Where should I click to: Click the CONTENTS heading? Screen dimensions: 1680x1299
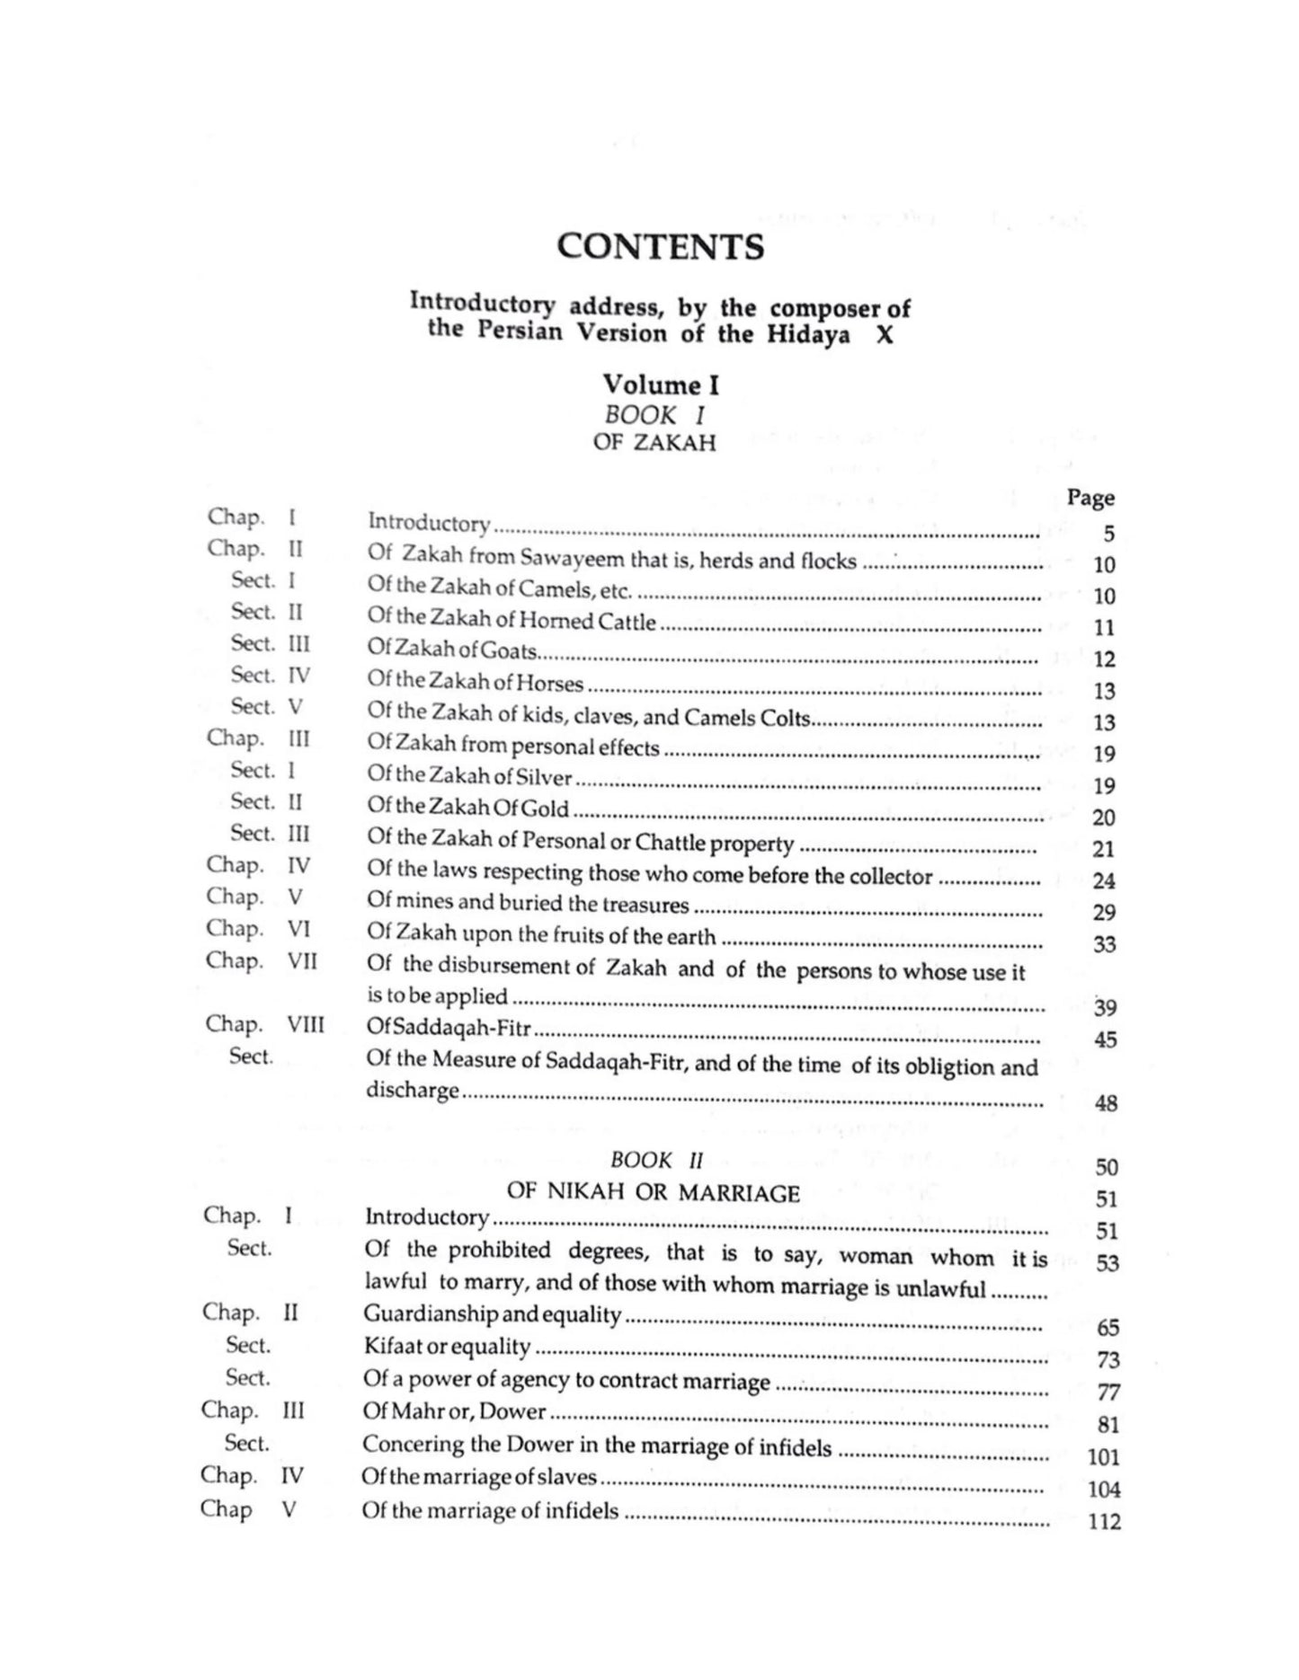(660, 247)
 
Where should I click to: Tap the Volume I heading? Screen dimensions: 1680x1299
(660, 385)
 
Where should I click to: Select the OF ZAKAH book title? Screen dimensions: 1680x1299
(654, 443)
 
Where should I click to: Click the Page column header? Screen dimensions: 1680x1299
(1090, 498)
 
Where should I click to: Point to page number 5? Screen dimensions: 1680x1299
(1108, 534)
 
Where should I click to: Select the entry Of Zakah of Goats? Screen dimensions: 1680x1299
(451, 650)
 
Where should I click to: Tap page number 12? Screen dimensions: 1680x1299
(1104, 659)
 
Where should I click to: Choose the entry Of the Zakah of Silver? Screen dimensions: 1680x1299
(469, 776)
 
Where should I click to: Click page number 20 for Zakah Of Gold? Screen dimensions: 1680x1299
(1103, 818)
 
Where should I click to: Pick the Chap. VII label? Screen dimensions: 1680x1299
(261, 960)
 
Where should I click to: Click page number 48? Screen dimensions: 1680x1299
(1106, 1103)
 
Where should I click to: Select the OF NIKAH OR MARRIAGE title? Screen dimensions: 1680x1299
(653, 1193)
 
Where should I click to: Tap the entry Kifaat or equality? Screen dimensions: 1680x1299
(447, 1347)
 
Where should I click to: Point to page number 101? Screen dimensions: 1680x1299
(1104, 1457)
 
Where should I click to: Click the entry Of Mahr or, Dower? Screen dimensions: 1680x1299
(454, 1411)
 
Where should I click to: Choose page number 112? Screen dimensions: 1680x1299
(1104, 1522)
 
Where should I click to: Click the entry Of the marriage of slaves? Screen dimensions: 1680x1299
(479, 1477)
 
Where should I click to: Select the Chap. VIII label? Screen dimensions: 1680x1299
(264, 1024)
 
